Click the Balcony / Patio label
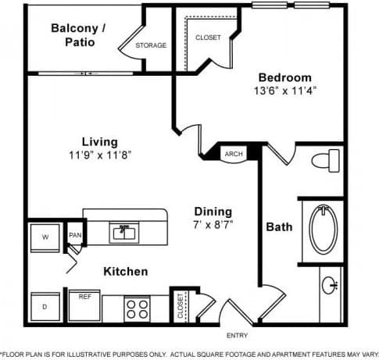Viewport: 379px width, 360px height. tap(80, 35)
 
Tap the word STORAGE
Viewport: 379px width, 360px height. tap(151, 45)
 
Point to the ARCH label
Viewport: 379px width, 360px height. tap(234, 154)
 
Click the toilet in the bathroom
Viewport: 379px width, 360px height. tap(324, 162)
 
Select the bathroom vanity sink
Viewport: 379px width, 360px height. tap(331, 286)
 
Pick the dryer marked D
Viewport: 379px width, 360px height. tap(44, 306)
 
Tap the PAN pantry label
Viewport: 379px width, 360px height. tap(75, 235)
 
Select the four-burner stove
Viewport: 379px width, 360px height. tap(138, 308)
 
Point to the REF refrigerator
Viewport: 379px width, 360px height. tap(84, 297)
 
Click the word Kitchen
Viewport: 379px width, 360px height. tap(126, 272)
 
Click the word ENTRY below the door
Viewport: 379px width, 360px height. tap(237, 336)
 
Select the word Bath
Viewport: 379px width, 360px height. tap(279, 227)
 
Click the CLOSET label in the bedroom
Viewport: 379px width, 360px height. tap(208, 37)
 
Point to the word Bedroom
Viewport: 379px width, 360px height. tap(284, 77)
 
